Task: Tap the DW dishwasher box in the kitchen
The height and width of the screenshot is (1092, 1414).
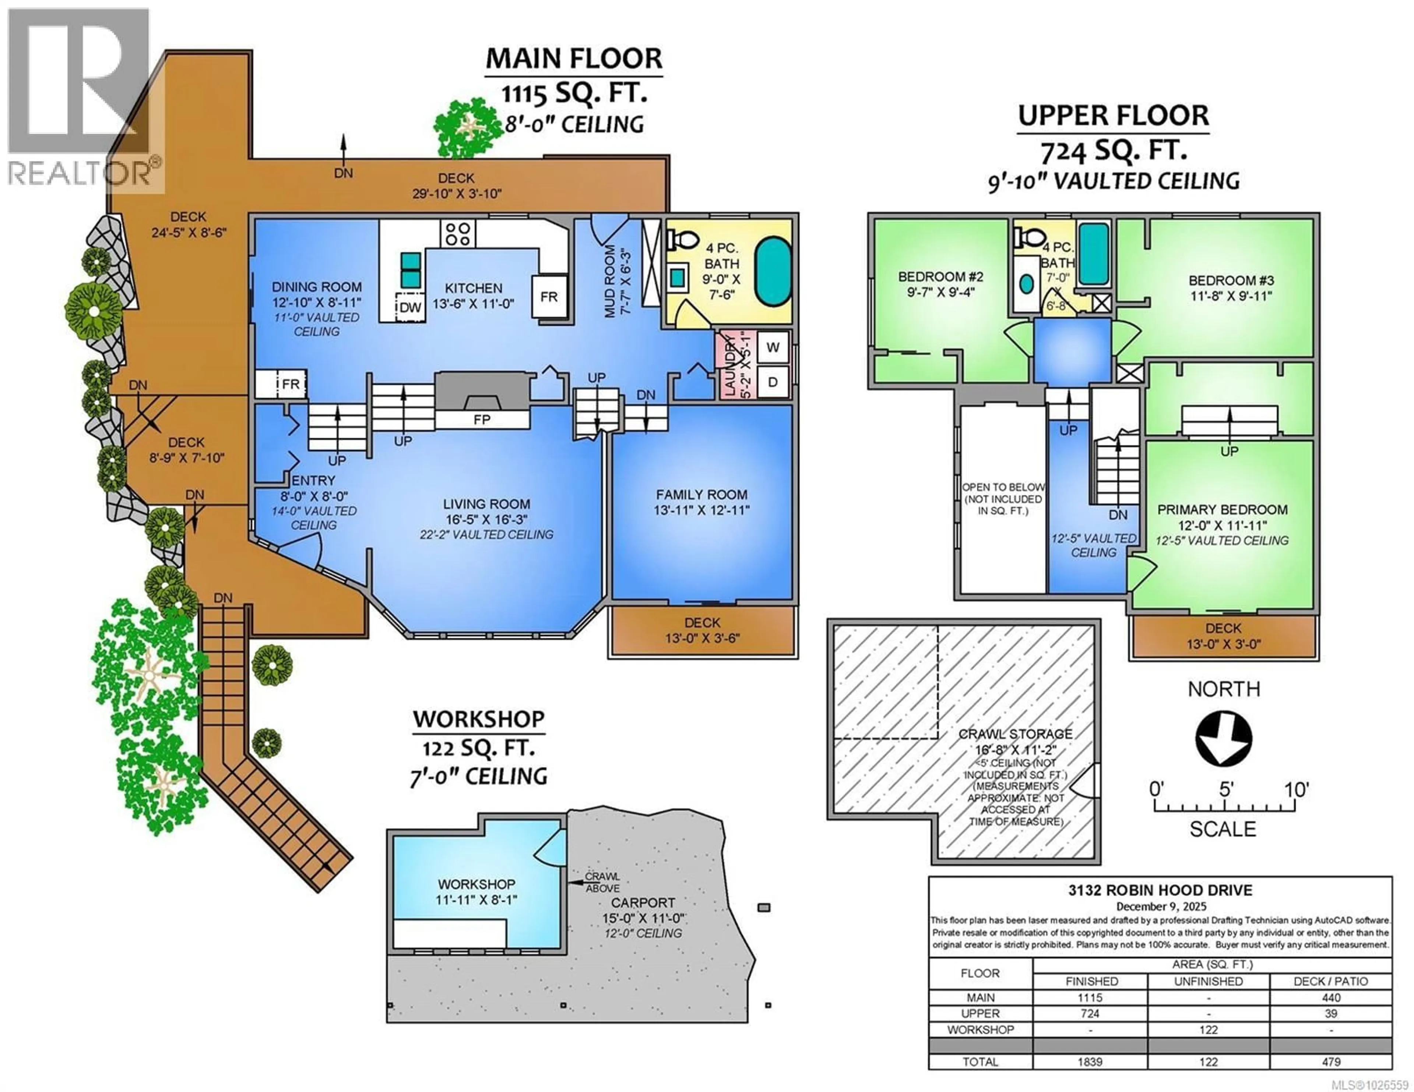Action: click(x=410, y=307)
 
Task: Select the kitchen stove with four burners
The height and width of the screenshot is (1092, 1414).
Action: click(x=458, y=233)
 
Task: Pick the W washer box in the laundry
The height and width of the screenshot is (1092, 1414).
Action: click(x=773, y=347)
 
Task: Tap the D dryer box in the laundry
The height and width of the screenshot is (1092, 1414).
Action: click(x=773, y=382)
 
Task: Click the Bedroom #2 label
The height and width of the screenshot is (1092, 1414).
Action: click(x=940, y=276)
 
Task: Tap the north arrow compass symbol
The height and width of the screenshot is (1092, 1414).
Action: click(x=1223, y=739)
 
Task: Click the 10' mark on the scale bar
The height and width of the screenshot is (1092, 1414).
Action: click(x=1296, y=790)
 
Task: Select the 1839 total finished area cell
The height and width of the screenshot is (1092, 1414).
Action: click(x=1090, y=1061)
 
